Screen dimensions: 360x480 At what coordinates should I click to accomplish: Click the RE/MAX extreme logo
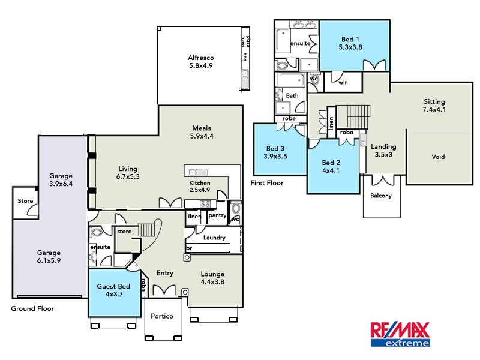point(400,334)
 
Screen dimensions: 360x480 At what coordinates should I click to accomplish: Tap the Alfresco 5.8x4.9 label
point(197,62)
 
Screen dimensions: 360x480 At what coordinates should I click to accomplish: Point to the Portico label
point(162,316)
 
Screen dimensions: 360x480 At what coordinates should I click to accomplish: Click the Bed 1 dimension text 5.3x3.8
point(350,46)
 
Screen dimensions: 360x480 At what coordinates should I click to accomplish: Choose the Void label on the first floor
point(439,157)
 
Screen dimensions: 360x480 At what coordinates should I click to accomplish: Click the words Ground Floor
point(33,309)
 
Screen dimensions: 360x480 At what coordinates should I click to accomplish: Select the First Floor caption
point(268,183)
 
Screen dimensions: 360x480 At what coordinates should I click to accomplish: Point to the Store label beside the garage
point(25,201)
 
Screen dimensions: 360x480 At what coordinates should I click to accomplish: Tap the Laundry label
point(214,238)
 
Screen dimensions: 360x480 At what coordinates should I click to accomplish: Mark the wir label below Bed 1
point(343,82)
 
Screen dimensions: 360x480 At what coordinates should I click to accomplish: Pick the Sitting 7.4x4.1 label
point(434,106)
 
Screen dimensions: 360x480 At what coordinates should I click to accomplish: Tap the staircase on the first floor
point(351,115)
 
